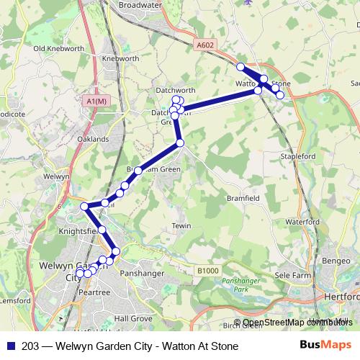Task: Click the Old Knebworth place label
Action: (x=55, y=49)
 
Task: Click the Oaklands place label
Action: (x=94, y=139)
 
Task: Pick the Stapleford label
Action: (x=299, y=154)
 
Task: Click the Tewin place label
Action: (x=181, y=226)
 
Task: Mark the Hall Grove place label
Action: (x=133, y=318)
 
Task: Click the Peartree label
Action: (x=94, y=292)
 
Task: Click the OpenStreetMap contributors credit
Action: (x=297, y=323)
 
